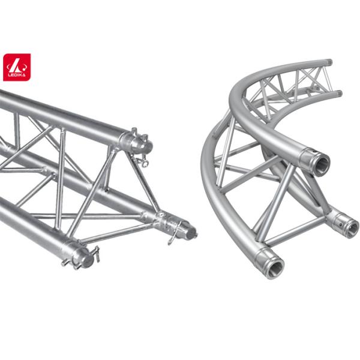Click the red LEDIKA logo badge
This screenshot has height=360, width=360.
[17, 67]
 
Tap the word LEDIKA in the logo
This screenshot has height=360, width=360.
[17, 75]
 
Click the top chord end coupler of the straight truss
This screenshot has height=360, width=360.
[137, 143]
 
